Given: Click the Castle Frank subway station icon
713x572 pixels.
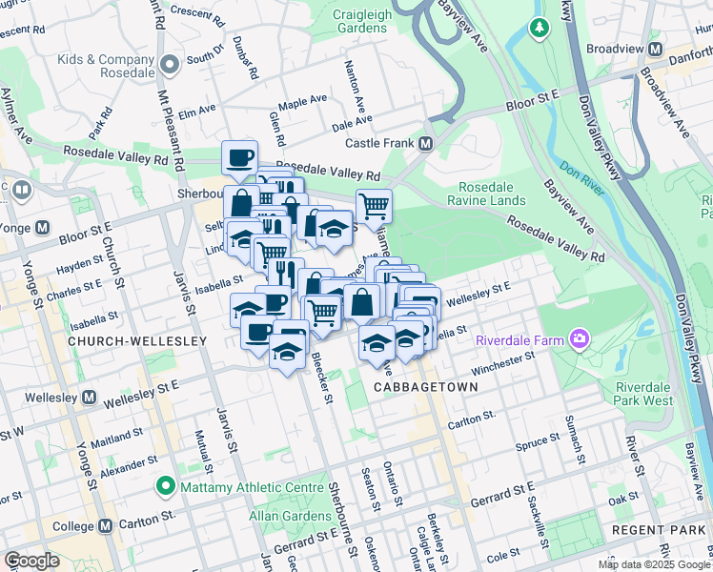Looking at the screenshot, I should (425, 144).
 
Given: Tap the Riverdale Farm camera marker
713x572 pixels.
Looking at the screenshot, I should (579, 338).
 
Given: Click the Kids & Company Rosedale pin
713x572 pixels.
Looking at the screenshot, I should (171, 66).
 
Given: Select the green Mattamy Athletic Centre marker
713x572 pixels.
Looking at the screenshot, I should (167, 487).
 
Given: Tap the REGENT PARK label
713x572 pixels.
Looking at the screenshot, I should (672, 529).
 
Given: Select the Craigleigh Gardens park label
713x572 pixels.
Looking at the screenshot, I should (361, 21).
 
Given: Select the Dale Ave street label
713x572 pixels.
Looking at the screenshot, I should (352, 122).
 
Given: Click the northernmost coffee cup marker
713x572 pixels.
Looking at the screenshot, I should (239, 156).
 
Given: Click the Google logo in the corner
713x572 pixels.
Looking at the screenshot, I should (31, 561).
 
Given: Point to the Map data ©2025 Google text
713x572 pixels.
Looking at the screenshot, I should (653, 564).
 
